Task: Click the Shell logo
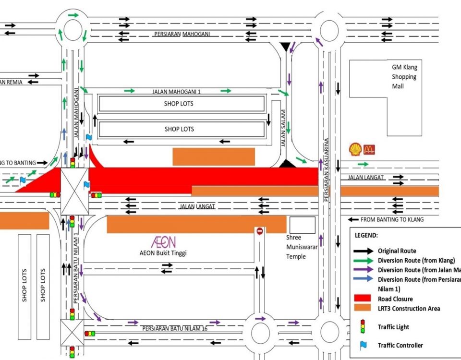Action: click(355, 149)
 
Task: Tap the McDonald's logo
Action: click(369, 150)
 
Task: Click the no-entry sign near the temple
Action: click(260, 231)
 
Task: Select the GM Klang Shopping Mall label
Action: click(403, 77)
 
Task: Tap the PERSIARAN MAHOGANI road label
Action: click(182, 34)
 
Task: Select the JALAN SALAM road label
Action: click(283, 128)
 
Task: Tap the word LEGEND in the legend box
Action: click(366, 236)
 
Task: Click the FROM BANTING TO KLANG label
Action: click(392, 219)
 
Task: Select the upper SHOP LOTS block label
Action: click(179, 104)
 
